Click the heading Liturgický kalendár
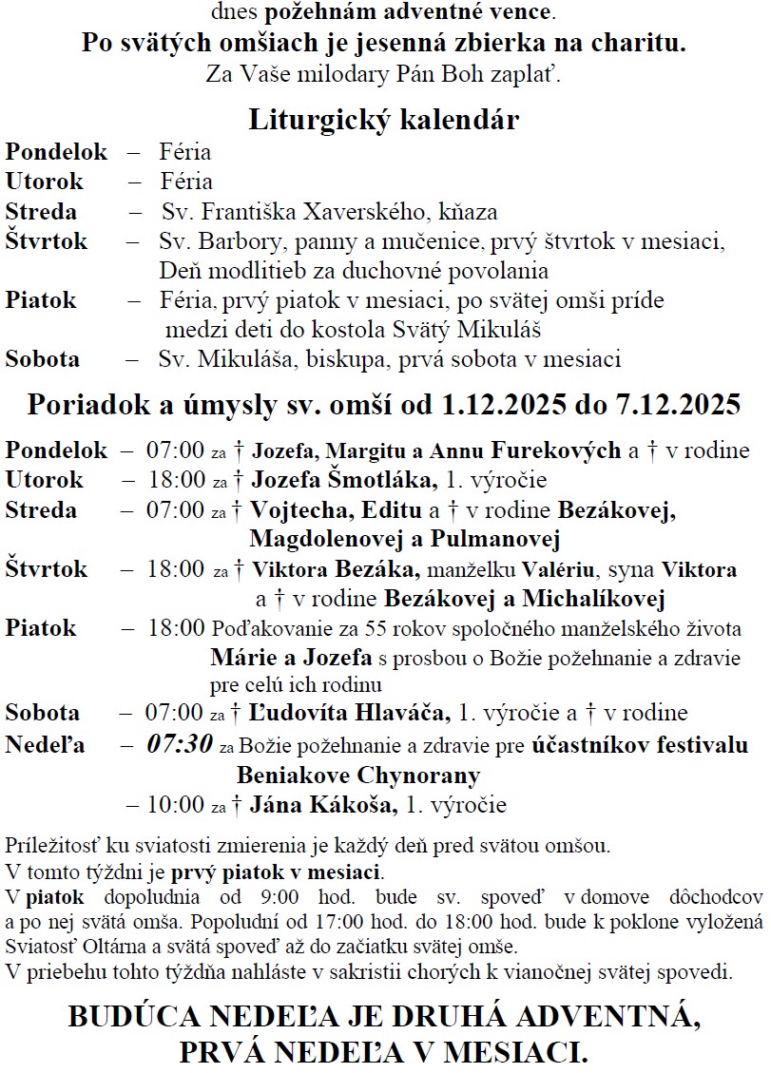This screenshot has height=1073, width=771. pyautogui.click(x=384, y=121)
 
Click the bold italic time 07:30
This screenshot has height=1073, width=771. pyautogui.click(x=179, y=744)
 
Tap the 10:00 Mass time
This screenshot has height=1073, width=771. pyautogui.click(x=176, y=806)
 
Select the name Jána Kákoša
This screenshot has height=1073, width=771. pyautogui.click(x=322, y=806)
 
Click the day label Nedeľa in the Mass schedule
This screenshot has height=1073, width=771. pyautogui.click(x=45, y=745)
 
